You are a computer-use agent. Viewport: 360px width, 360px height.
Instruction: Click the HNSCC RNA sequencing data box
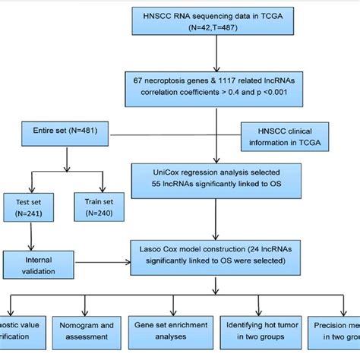point(218,21)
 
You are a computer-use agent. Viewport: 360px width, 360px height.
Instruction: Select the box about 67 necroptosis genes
point(219,89)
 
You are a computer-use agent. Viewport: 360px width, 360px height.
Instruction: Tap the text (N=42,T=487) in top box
point(218,27)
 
